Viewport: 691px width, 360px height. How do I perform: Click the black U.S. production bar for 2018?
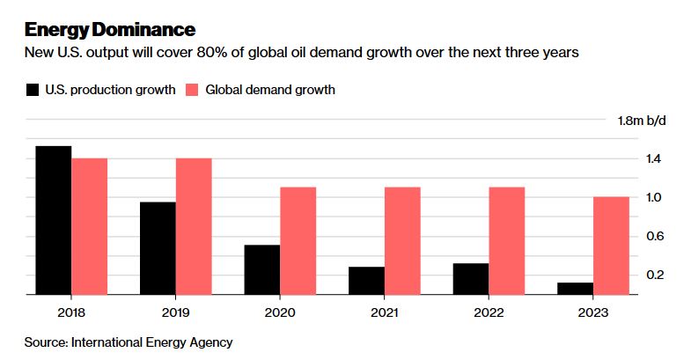point(54,221)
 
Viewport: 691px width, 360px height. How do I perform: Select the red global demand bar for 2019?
point(194,227)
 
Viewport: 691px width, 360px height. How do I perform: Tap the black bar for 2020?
point(262,270)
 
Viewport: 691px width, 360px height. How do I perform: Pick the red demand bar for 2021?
point(402,241)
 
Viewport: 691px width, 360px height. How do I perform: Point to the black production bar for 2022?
point(471,279)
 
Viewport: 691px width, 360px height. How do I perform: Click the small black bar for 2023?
point(576,289)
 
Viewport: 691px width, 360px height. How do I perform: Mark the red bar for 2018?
point(89,227)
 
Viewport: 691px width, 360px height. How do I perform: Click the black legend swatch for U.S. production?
point(33,89)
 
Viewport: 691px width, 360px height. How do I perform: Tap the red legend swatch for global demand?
point(192,89)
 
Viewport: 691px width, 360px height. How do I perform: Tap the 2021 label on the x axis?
point(385,312)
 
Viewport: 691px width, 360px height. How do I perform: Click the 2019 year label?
point(175,312)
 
